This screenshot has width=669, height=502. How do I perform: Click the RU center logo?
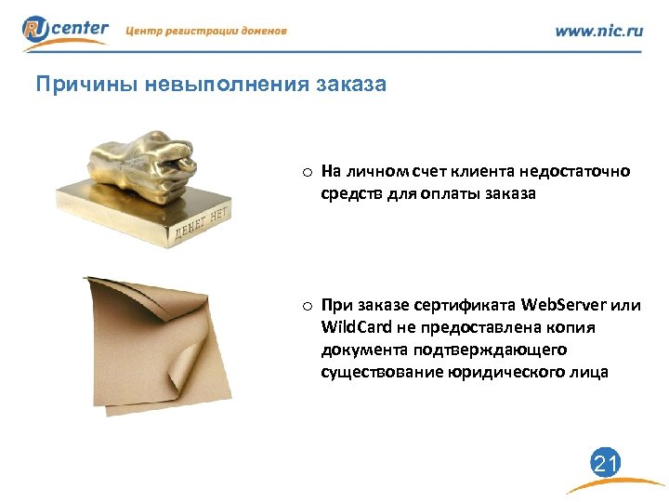(x=65, y=30)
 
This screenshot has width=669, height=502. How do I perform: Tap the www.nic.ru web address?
(x=598, y=31)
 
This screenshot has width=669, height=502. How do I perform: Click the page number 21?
(x=606, y=463)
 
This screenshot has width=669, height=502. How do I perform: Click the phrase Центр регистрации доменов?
(x=205, y=31)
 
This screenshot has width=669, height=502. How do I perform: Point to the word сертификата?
(x=468, y=305)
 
